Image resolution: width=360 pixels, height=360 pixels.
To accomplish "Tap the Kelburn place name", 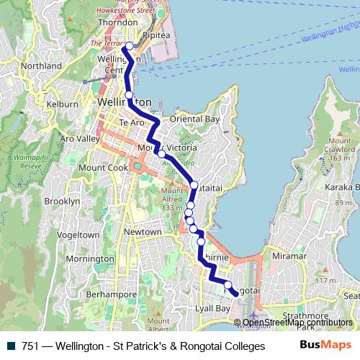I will [x=62, y=104].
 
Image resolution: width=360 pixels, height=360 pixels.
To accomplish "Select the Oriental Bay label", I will [x=194, y=119].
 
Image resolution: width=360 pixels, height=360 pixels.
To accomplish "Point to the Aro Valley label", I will [x=80, y=138].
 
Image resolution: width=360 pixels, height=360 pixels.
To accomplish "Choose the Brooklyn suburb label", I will [x=62, y=202].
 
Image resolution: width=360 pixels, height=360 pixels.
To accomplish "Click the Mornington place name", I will [x=90, y=258].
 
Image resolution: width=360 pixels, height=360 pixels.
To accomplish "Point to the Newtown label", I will [x=143, y=232].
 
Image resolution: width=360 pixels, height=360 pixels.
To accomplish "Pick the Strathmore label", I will [x=305, y=315].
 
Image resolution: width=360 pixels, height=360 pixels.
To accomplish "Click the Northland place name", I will [x=41, y=66].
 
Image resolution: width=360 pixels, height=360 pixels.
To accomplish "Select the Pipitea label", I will [x=156, y=34].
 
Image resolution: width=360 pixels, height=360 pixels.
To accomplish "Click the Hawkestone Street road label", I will [x=131, y=10].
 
